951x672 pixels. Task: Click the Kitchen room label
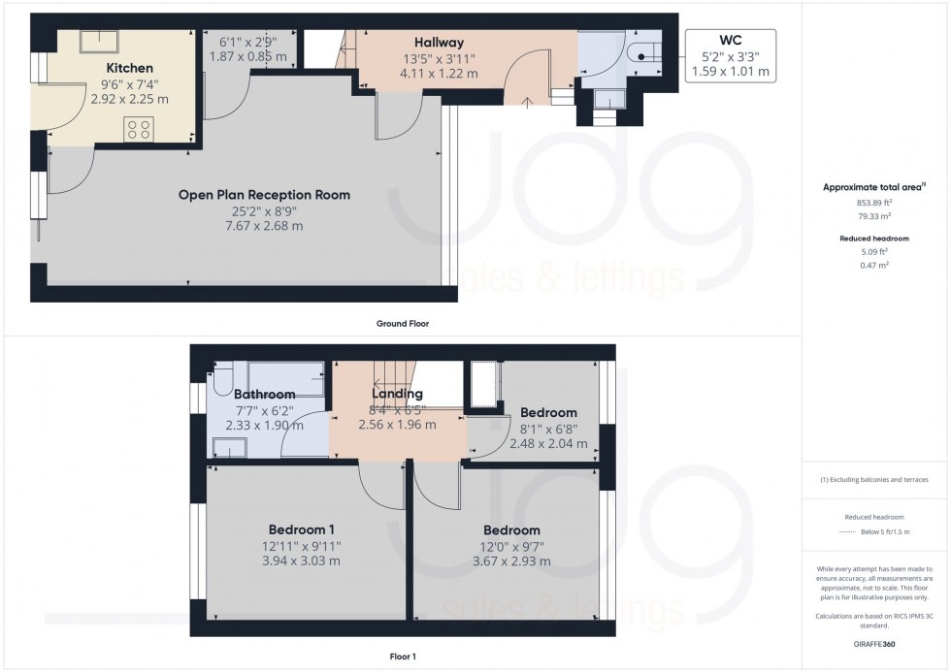coord(130,68)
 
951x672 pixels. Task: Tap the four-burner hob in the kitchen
coord(139,129)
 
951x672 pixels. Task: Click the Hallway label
coord(439,43)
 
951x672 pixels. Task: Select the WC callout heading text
coord(730,41)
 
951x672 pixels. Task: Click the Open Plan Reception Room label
coord(264,195)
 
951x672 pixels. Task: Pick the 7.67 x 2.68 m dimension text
coord(264,226)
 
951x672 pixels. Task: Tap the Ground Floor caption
coord(401,324)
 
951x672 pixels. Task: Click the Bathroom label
coord(264,395)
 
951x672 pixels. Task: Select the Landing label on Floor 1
coord(397,394)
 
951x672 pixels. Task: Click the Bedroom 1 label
coord(302,529)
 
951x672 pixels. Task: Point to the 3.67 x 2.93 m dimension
coord(511,560)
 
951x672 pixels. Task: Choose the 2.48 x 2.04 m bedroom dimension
coord(548,443)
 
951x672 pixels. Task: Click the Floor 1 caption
coord(401,656)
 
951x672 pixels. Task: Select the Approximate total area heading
coord(873,186)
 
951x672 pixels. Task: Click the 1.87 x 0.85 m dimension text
coord(248,57)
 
